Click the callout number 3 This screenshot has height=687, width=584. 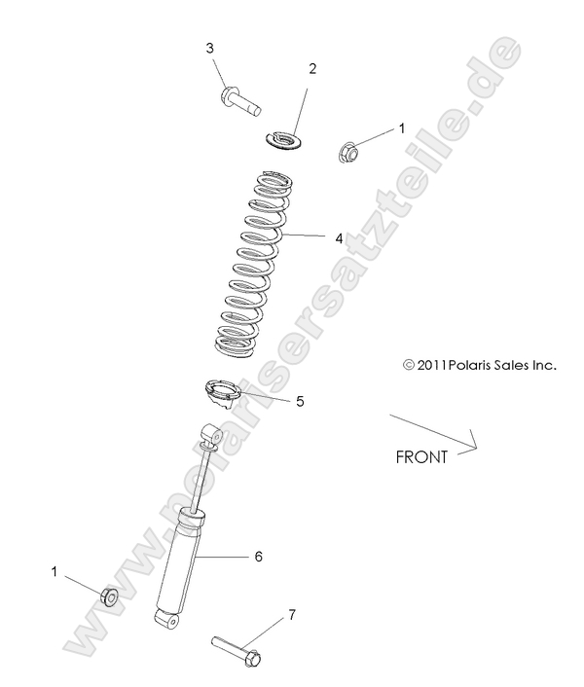tap(209, 49)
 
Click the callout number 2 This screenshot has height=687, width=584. tap(312, 68)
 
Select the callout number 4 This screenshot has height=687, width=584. tap(311, 237)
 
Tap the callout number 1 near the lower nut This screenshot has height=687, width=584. tap(55, 572)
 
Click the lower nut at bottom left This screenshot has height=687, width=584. tap(109, 597)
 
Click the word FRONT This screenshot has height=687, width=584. tap(421, 456)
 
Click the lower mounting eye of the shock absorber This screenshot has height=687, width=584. tap(166, 617)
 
